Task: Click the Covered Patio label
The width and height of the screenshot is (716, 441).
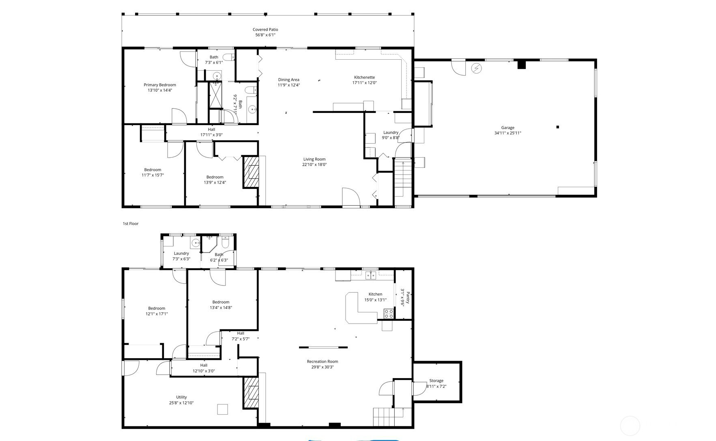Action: (x=265, y=30)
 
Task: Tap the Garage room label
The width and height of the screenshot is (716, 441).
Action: (x=507, y=128)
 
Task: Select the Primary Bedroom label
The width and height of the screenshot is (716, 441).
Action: (x=160, y=85)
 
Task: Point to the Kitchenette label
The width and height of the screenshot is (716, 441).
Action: (x=364, y=77)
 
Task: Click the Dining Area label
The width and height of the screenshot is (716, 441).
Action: (x=289, y=80)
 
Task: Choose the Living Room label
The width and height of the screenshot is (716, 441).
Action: (x=314, y=159)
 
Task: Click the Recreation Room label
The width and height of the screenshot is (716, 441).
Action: (x=323, y=361)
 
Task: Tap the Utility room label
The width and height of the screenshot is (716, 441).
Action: (x=181, y=397)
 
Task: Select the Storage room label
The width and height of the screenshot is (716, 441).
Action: (x=436, y=380)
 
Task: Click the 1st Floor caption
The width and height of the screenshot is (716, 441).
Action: (x=131, y=224)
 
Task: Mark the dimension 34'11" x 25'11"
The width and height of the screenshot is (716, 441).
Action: (x=507, y=133)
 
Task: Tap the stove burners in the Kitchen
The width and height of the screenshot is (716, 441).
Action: (x=389, y=313)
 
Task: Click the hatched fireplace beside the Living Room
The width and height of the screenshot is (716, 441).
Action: (x=251, y=172)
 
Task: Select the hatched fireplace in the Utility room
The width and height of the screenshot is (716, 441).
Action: (x=251, y=393)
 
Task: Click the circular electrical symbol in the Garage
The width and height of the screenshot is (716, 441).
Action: (x=476, y=68)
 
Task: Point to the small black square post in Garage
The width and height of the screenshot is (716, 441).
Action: (x=558, y=127)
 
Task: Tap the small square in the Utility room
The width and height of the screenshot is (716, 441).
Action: (x=222, y=409)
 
